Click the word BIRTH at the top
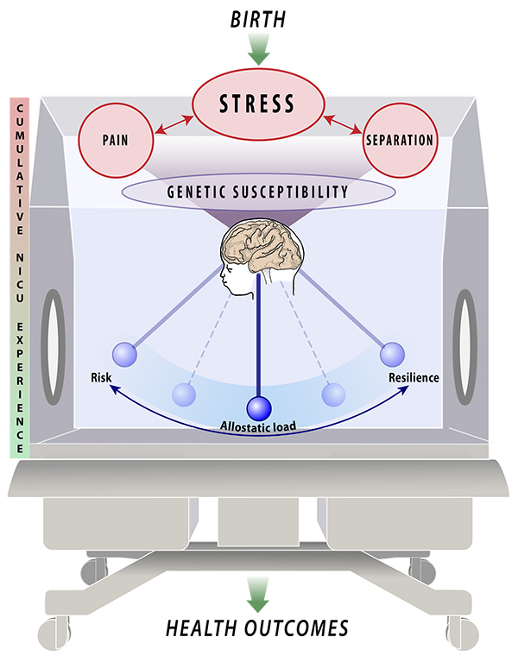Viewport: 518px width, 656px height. tap(259, 18)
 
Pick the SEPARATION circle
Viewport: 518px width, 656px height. tap(398, 140)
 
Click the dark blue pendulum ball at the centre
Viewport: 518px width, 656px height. tap(259, 408)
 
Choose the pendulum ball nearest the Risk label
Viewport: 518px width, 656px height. tap(125, 355)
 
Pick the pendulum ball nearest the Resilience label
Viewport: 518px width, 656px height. tap(393, 354)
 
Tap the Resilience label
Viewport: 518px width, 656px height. tap(414, 378)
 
